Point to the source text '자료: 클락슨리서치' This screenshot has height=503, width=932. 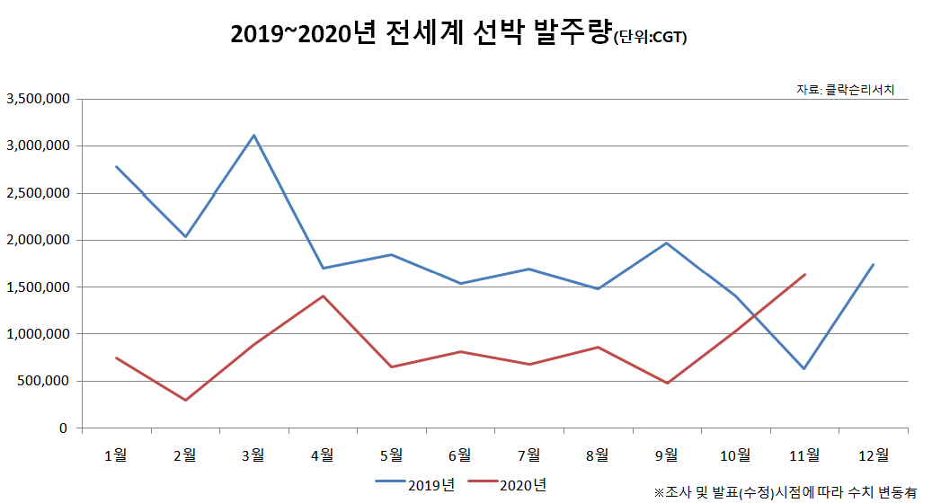click(845, 89)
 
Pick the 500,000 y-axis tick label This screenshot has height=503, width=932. click(43, 381)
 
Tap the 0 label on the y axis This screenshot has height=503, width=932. click(63, 428)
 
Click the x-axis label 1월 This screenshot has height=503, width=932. click(116, 454)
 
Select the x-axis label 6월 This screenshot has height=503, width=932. click(459, 454)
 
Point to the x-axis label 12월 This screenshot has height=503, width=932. click(872, 454)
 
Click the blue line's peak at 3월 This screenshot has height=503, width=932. click(254, 136)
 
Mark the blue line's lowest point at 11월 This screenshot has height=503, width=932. click(803, 368)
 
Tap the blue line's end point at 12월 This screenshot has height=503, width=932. click(873, 265)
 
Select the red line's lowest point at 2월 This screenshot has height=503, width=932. click(185, 400)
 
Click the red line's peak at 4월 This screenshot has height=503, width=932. click(323, 296)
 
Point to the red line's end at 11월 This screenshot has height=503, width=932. click(804, 275)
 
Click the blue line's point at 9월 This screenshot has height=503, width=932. click(667, 243)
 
